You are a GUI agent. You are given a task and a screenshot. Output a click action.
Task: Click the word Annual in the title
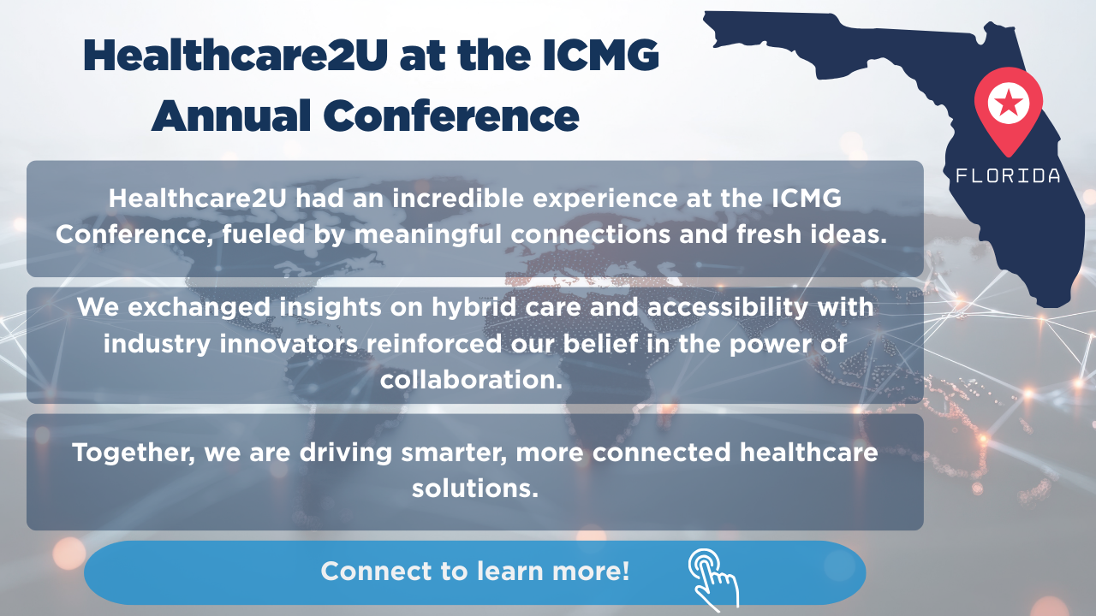[x=231, y=116]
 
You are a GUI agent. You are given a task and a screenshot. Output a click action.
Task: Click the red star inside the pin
[x=1009, y=104]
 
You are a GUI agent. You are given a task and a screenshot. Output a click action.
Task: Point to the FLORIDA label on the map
[x=1008, y=175]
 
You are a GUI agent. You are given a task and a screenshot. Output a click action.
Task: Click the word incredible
[x=457, y=198]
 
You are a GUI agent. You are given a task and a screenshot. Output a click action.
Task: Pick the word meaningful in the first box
[x=428, y=235]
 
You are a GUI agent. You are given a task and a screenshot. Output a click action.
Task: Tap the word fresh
[x=769, y=234]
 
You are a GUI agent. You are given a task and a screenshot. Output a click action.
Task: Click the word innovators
[x=289, y=344]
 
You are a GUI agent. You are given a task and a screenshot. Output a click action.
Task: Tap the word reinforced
[x=434, y=344]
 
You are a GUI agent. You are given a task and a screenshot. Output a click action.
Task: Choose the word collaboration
[x=471, y=380]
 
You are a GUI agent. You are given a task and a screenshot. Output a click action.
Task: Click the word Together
[x=134, y=453]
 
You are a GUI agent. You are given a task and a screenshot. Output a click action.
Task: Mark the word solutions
[x=474, y=489]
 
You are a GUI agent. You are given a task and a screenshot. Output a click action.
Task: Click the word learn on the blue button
[x=509, y=571]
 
